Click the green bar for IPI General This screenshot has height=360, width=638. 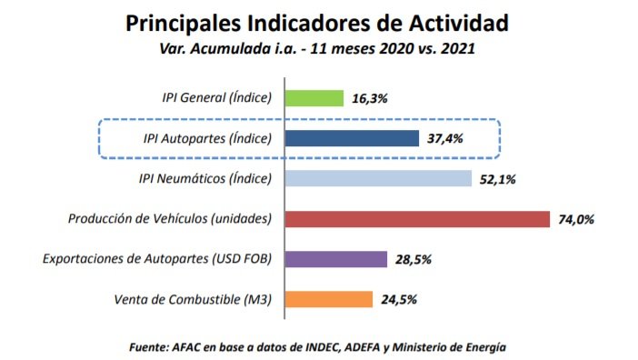click(314, 98)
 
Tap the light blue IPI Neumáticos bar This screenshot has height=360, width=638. click(378, 179)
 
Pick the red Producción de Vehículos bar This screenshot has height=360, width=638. click(417, 219)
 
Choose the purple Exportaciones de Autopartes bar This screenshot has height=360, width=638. click(336, 259)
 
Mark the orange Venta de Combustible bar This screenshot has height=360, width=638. click(329, 299)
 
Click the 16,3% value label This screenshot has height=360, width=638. click(371, 99)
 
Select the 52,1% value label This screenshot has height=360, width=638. click(497, 180)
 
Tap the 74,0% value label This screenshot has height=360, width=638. click(575, 220)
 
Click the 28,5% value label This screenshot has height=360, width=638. click(414, 260)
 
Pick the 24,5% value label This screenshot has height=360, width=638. click(398, 300)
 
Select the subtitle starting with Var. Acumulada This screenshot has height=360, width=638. click(318, 49)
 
